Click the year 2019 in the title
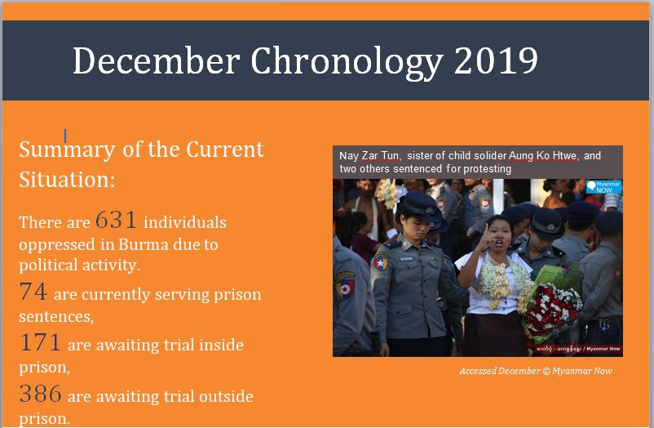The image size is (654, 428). (x=496, y=60)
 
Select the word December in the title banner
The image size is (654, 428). (x=156, y=60)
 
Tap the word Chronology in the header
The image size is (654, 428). (x=347, y=63)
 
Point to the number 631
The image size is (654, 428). (x=116, y=220)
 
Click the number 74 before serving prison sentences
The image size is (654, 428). (x=33, y=292)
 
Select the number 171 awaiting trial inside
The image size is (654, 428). (x=40, y=342)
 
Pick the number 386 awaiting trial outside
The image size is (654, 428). (x=41, y=394)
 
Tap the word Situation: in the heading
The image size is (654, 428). (x=67, y=180)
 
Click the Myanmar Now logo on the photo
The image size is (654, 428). (x=603, y=186)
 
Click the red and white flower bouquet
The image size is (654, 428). (x=552, y=310)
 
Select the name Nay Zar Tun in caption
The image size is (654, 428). (x=369, y=156)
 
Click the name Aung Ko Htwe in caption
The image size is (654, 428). (x=543, y=156)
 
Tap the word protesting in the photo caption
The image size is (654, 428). (x=487, y=169)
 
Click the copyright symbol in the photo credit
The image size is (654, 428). (x=546, y=371)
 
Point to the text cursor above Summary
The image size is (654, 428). (x=65, y=136)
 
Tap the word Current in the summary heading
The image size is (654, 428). (x=225, y=149)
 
